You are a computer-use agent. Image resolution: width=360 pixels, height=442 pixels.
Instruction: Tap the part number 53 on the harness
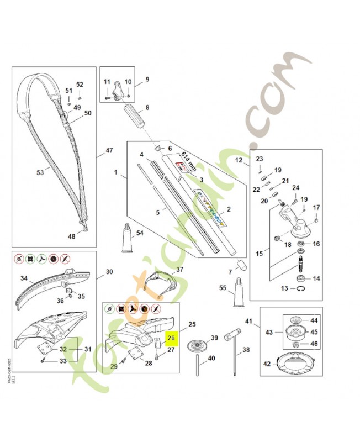(40, 173)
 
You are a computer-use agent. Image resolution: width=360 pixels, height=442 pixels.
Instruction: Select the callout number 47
(109, 150)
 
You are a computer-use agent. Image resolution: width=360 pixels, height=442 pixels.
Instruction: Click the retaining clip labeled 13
(301, 288)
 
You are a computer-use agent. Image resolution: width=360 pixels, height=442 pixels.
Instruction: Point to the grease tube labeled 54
(127, 240)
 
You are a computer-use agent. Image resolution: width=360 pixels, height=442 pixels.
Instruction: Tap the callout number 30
(109, 272)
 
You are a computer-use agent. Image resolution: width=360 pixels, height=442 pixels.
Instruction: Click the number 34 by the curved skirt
(24, 278)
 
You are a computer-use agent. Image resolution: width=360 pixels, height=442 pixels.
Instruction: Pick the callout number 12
(239, 160)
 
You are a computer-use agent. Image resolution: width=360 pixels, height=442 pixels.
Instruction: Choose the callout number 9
(147, 80)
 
